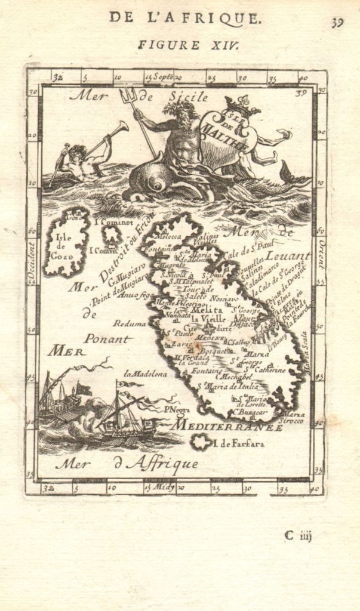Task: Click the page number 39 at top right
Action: (x=338, y=23)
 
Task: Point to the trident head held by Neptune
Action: (x=128, y=94)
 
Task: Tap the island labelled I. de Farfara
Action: (x=202, y=442)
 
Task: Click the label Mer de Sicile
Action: (x=139, y=95)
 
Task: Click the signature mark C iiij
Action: (x=297, y=535)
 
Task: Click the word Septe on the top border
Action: (x=164, y=76)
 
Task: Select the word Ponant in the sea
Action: (x=106, y=338)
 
